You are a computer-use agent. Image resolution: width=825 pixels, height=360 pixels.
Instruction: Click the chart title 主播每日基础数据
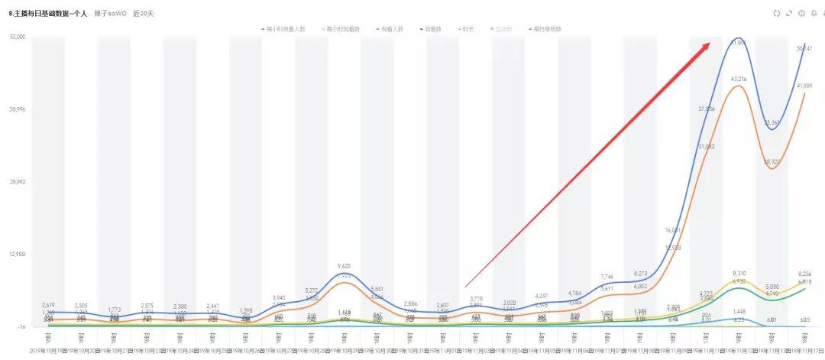(x=47, y=13)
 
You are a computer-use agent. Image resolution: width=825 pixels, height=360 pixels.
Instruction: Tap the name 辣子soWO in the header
(x=115, y=13)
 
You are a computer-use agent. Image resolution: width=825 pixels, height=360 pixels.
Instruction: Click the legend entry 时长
(x=465, y=29)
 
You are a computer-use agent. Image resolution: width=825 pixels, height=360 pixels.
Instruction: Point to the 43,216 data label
(x=739, y=79)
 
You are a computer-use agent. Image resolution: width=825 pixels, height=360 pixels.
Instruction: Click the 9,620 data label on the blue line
(x=344, y=267)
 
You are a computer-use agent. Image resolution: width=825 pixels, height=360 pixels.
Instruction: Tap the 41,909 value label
(x=804, y=86)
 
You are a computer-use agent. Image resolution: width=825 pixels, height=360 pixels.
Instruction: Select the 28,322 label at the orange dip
(x=772, y=162)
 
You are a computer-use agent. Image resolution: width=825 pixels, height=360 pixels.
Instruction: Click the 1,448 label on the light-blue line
(x=739, y=312)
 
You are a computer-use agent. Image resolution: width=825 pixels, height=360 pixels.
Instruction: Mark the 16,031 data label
(x=673, y=230)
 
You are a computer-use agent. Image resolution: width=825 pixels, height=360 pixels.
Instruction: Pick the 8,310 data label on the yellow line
(x=739, y=274)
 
